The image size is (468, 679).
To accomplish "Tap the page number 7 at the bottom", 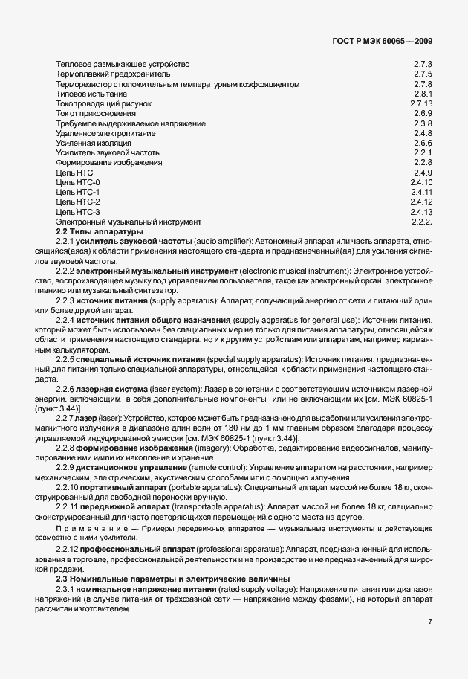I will tap(430, 622).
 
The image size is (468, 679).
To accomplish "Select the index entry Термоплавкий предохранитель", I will tap(113, 74).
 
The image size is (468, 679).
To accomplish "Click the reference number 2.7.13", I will tap(421, 103).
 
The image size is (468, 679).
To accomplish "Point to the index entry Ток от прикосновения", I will tap(92, 113).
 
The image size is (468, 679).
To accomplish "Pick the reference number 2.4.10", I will tap(421, 181).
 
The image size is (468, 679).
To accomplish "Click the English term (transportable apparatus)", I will tap(205, 506).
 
